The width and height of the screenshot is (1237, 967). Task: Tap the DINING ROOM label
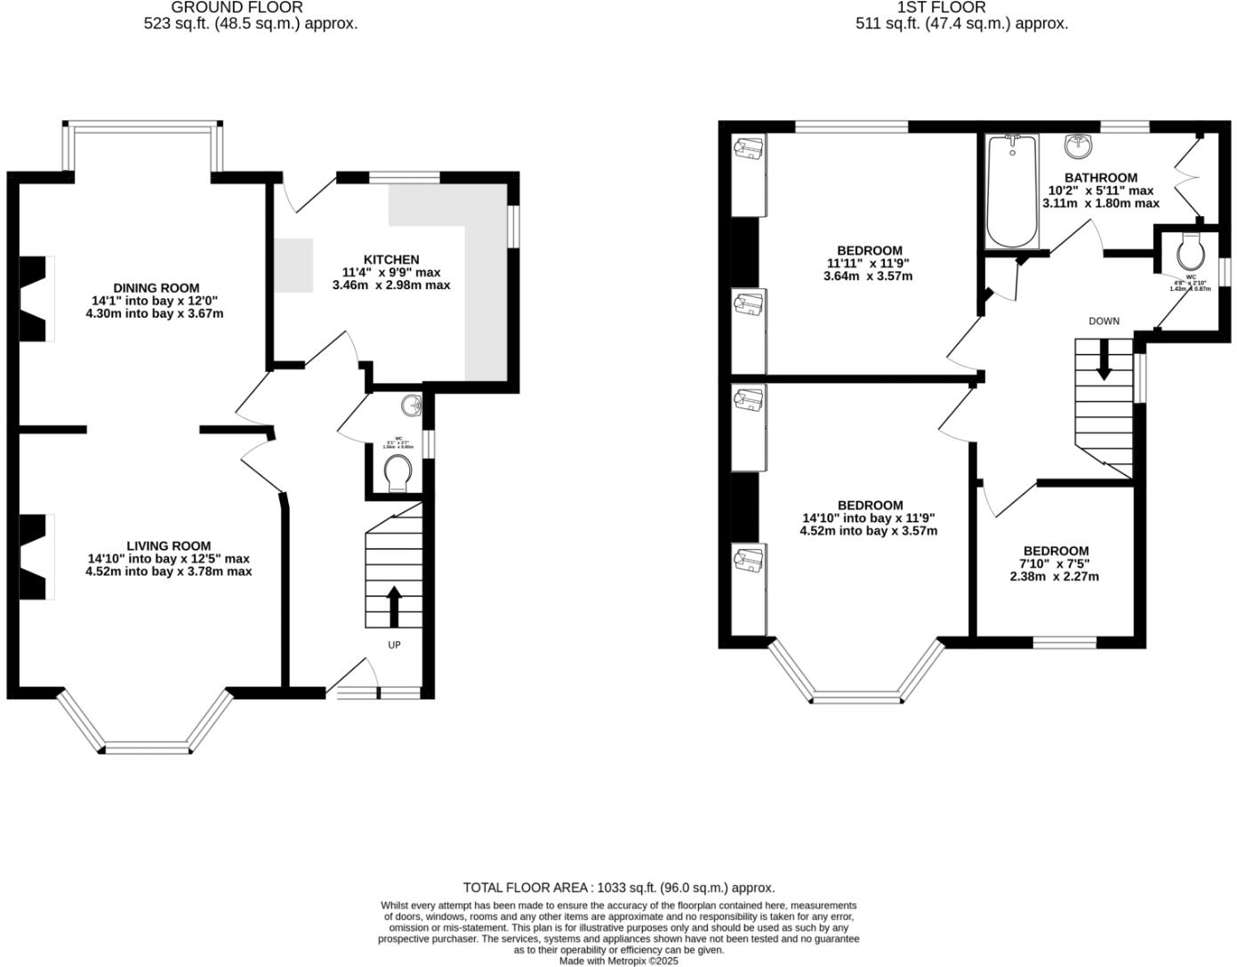[x=156, y=288]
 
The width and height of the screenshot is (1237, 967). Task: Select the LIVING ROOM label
[x=168, y=546]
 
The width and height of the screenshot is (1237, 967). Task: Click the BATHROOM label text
[x=1101, y=178]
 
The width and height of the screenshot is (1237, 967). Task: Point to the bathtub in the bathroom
[x=1012, y=192]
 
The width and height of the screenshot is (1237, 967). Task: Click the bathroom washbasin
[x=1079, y=143]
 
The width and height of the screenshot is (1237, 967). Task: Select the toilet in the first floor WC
[x=1189, y=252]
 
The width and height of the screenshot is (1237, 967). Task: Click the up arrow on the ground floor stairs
[x=394, y=607]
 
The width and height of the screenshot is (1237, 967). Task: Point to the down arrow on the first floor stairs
[x=1103, y=362]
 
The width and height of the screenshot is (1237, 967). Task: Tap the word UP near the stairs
[x=394, y=645]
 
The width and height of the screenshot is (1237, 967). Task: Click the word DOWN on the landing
[x=1104, y=321]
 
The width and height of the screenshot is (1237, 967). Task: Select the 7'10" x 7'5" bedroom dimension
[x=1055, y=563]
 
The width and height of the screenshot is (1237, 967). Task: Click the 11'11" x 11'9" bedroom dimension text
[x=869, y=263]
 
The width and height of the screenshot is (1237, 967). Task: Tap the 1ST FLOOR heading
[x=929, y=7]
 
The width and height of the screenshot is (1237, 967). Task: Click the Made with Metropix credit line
[x=619, y=961]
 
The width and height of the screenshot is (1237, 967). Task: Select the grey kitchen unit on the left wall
[x=293, y=265]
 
